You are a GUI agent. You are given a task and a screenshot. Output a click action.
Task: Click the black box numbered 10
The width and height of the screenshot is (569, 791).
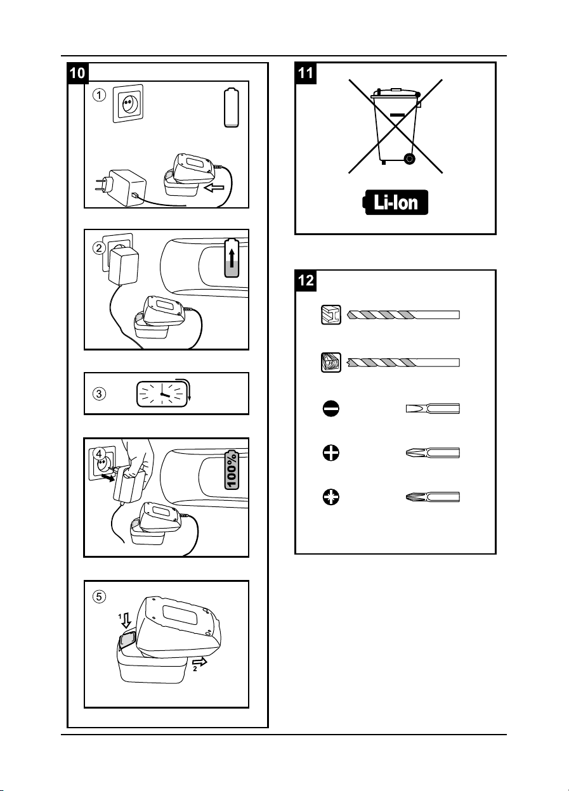click(78, 74)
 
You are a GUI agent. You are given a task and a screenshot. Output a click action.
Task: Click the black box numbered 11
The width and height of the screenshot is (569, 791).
click(306, 74)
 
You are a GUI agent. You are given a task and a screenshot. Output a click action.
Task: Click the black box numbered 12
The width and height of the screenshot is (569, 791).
click(306, 281)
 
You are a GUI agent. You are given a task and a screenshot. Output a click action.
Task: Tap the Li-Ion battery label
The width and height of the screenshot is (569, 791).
click(395, 202)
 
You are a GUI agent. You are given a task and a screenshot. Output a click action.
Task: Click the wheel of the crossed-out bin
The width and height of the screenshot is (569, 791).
click(409, 158)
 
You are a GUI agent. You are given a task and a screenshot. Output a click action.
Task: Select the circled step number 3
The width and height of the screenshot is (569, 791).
click(100, 394)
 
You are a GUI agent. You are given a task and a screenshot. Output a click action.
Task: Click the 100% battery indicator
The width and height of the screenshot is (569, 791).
click(232, 470)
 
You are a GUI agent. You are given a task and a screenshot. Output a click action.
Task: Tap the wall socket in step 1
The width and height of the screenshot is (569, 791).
click(128, 104)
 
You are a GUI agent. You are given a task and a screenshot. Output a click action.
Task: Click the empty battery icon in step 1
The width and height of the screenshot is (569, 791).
click(232, 108)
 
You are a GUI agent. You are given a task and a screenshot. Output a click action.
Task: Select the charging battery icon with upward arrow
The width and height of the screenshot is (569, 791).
click(232, 258)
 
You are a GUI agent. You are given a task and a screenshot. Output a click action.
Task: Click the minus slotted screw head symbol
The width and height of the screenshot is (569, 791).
click(331, 409)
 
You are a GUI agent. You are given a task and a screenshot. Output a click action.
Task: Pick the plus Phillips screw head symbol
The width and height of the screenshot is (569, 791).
click(331, 453)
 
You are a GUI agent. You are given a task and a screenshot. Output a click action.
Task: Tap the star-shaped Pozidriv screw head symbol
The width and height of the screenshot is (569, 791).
click(331, 497)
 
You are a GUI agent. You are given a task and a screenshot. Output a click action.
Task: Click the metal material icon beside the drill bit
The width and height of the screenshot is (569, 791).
click(331, 314)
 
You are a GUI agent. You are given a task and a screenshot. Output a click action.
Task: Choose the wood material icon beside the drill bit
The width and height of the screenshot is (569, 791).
click(331, 363)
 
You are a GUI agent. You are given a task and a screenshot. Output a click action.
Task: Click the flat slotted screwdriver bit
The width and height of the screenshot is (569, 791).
click(433, 409)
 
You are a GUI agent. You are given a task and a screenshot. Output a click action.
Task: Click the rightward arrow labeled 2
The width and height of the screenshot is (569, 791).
click(200, 662)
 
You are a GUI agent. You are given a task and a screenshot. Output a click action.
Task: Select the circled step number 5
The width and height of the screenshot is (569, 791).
click(100, 596)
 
